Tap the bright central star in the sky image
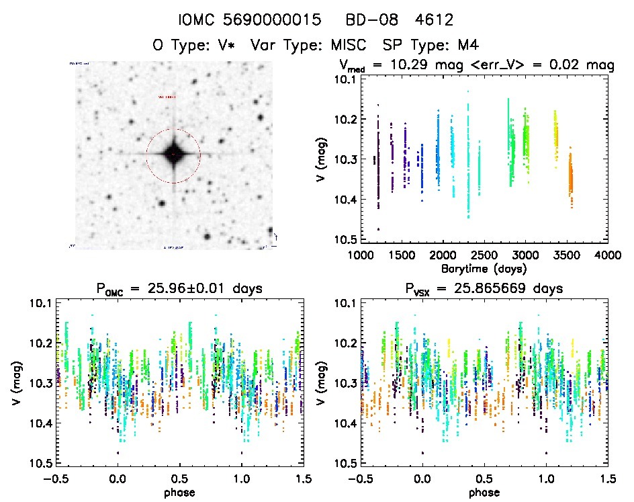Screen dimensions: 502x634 click(x=173, y=154)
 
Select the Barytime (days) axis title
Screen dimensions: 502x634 click(x=484, y=268)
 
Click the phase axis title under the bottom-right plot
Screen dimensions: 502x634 click(x=484, y=492)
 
